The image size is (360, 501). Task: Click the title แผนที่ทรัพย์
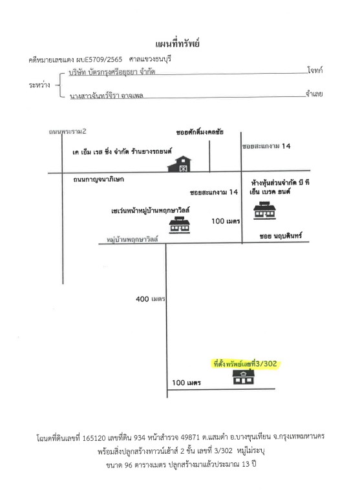click(x=177, y=43)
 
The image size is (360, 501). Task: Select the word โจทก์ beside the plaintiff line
click(x=315, y=70)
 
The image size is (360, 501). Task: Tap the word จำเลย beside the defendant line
click(x=314, y=94)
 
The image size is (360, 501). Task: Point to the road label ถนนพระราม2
click(x=67, y=132)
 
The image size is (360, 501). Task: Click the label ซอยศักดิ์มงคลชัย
click(x=200, y=132)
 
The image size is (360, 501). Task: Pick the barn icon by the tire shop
click(x=179, y=164)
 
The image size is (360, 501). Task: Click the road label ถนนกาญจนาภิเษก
click(x=98, y=179)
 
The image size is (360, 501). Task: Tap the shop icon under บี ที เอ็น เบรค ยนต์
click(x=264, y=210)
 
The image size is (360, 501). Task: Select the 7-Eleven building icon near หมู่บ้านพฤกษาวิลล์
click(x=180, y=224)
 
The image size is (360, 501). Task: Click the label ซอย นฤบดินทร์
click(x=281, y=236)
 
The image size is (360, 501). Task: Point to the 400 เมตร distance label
click(x=150, y=299)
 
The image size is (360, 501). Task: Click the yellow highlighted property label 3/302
click(x=246, y=364)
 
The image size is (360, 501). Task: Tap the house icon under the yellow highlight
click(x=243, y=377)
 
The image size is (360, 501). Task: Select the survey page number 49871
click(x=191, y=437)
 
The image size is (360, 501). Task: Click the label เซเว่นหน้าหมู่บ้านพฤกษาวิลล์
click(x=151, y=211)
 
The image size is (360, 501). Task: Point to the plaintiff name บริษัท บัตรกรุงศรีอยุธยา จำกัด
click(x=112, y=72)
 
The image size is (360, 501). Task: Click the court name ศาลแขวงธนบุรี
click(x=150, y=59)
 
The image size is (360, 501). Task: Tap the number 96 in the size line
click(x=128, y=465)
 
